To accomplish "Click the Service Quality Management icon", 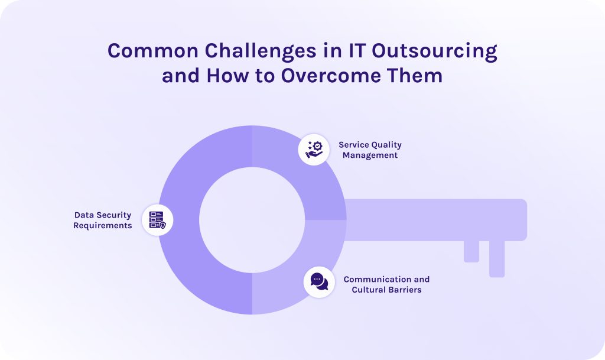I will click(x=314, y=149).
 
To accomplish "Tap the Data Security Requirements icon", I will click(x=157, y=220).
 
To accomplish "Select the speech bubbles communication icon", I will click(x=319, y=281).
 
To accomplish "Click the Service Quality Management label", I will click(x=370, y=150).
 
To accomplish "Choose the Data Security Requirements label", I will click(x=103, y=220).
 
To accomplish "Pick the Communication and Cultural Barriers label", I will click(x=386, y=284).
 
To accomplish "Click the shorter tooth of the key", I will click(x=471, y=251).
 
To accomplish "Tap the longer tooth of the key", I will click(x=497, y=258).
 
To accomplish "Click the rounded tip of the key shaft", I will click(x=520, y=220).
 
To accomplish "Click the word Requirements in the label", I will click(x=103, y=226).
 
